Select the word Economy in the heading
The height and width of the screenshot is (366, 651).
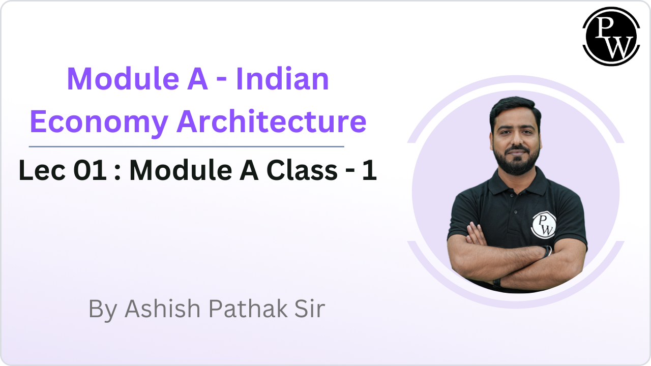[x=99, y=122]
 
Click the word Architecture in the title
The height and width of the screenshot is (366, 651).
[x=272, y=122]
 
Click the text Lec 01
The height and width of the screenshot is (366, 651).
[x=63, y=171]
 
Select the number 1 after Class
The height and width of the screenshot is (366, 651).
[x=369, y=171]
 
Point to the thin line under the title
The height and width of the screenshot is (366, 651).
[x=186, y=146]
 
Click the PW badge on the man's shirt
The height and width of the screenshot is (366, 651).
[x=543, y=225]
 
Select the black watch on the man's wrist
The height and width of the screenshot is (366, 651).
[x=547, y=251]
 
